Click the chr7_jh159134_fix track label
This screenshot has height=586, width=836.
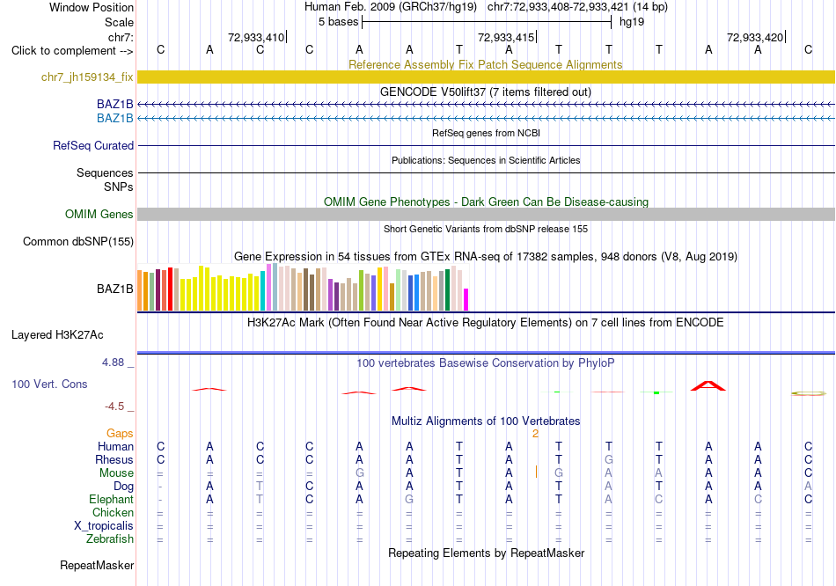(87, 77)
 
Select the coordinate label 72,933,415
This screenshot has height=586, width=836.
(505, 37)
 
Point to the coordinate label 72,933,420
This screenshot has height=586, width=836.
(755, 37)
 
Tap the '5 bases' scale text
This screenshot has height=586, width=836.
(338, 22)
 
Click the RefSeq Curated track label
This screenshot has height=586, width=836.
(93, 145)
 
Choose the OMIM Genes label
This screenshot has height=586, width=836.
(99, 215)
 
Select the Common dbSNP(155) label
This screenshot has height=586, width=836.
(78, 242)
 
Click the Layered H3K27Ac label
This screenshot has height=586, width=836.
(57, 335)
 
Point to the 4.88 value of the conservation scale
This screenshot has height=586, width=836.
(113, 363)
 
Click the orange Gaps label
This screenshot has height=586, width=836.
(120, 434)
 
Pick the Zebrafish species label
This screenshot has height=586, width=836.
(110, 539)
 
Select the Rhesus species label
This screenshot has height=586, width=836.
(114, 459)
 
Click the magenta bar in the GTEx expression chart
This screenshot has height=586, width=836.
(466, 300)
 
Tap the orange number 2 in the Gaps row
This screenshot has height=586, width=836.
(535, 434)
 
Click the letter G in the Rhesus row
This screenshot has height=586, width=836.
(609, 459)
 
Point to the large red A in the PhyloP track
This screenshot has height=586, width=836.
(708, 385)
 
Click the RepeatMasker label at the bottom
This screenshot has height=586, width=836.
(97, 565)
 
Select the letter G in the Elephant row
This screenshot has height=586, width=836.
(409, 499)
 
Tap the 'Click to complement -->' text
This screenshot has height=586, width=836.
(72, 51)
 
